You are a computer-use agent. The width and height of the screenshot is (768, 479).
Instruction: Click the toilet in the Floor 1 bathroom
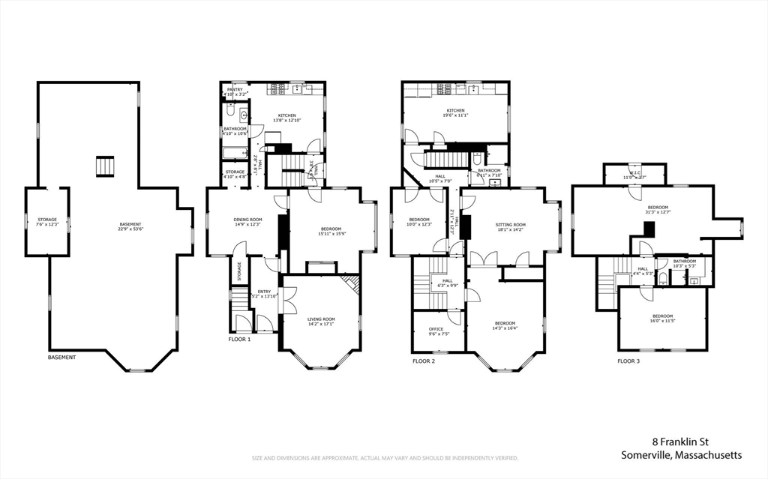coord(230,113)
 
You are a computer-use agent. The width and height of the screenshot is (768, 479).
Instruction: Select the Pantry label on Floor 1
coord(235,89)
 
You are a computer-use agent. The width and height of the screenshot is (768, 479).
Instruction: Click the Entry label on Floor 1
coord(264,292)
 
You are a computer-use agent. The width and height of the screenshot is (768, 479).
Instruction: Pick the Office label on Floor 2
coord(436,329)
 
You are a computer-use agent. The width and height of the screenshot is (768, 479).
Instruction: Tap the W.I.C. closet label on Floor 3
coord(634,177)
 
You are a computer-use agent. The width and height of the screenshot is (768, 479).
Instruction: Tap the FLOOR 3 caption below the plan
coord(628,361)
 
